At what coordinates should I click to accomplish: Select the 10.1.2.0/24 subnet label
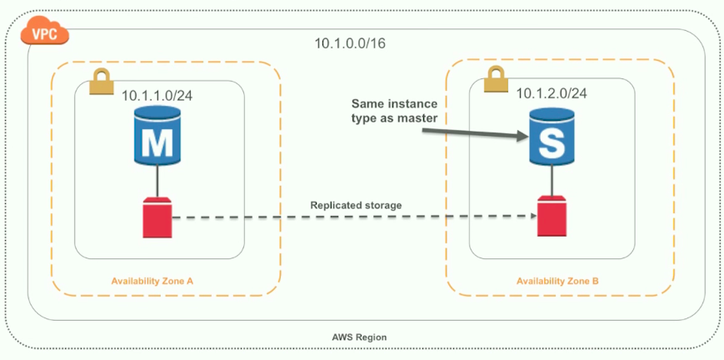[551, 93]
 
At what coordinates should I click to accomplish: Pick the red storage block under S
[549, 215]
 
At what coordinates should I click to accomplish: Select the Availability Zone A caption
[152, 281]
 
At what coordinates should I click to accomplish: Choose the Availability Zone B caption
[557, 281]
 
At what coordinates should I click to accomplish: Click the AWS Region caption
[359, 337]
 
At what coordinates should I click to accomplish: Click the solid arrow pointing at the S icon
[475, 130]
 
